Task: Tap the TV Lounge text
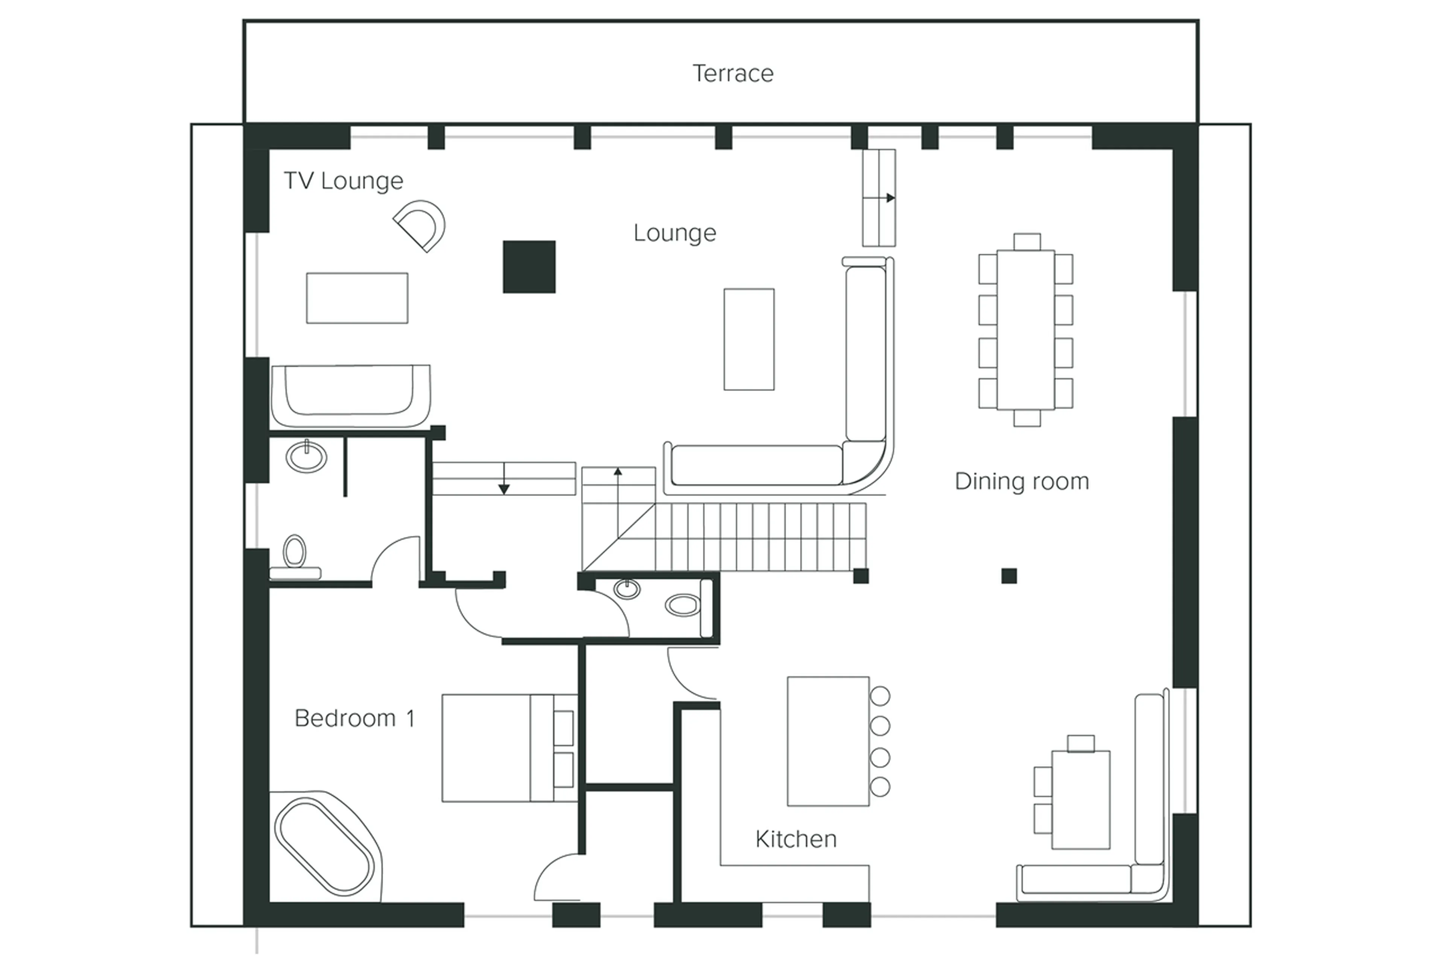pos(343,181)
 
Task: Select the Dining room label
pos(1021,481)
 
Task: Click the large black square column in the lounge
pos(529,266)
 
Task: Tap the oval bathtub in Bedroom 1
pos(324,847)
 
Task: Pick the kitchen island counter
pos(827,741)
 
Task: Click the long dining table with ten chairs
pos(1025,329)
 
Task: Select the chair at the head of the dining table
pos(1027,241)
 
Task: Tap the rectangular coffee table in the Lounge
pos(748,339)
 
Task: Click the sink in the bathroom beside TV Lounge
pos(306,456)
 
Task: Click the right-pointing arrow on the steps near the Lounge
pos(890,198)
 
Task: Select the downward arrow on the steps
pos(503,488)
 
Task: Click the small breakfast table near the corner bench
pos(1080,799)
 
